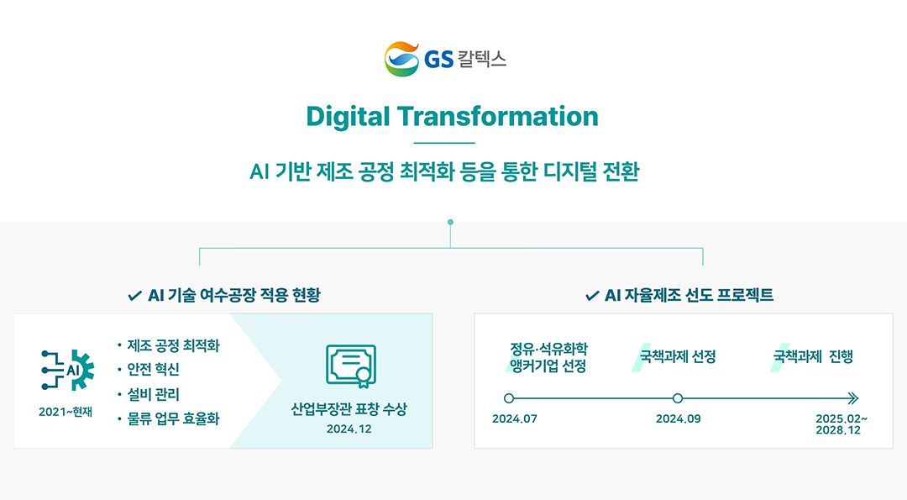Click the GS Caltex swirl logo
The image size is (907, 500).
(x=402, y=59)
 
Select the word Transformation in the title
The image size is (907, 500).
(x=497, y=116)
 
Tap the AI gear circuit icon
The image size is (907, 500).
(x=68, y=370)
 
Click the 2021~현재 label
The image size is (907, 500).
(x=66, y=412)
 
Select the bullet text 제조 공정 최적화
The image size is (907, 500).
(x=174, y=346)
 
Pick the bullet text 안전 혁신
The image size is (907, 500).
(x=154, y=369)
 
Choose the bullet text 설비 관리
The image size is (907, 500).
(x=154, y=395)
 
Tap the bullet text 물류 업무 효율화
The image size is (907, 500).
(x=174, y=419)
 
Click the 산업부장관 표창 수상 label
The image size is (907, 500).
(x=349, y=409)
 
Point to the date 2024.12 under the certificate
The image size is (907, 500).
(x=349, y=429)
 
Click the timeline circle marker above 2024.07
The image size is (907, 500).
(x=509, y=398)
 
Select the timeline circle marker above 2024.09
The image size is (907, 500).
(x=678, y=398)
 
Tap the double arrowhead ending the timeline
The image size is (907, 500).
(x=853, y=398)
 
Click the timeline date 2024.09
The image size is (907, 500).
(x=678, y=419)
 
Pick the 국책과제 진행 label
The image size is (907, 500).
(x=813, y=356)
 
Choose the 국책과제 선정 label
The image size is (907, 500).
(x=678, y=356)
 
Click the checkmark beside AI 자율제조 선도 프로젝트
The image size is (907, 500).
(x=592, y=297)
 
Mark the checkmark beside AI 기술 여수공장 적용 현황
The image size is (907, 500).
(x=134, y=297)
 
